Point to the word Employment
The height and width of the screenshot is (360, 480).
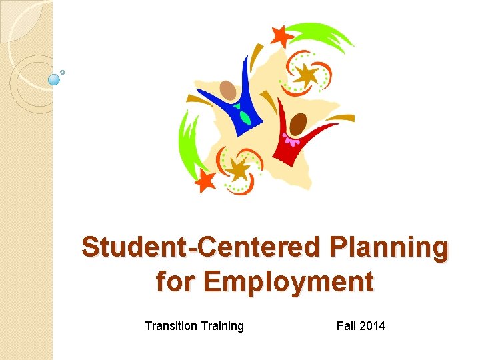point(288,281)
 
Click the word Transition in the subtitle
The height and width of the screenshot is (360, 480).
point(171,326)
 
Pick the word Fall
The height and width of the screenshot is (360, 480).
point(347,326)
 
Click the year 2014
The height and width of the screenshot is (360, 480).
point(373,326)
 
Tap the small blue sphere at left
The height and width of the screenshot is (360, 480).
point(55,79)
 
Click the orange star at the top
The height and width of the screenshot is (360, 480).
point(282,35)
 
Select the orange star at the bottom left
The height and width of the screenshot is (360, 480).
point(205,180)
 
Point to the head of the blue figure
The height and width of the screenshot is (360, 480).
point(228,89)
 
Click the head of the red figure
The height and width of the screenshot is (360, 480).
point(298,123)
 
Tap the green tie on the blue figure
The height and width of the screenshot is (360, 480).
point(245,118)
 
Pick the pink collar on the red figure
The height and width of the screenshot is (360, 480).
point(291,140)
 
